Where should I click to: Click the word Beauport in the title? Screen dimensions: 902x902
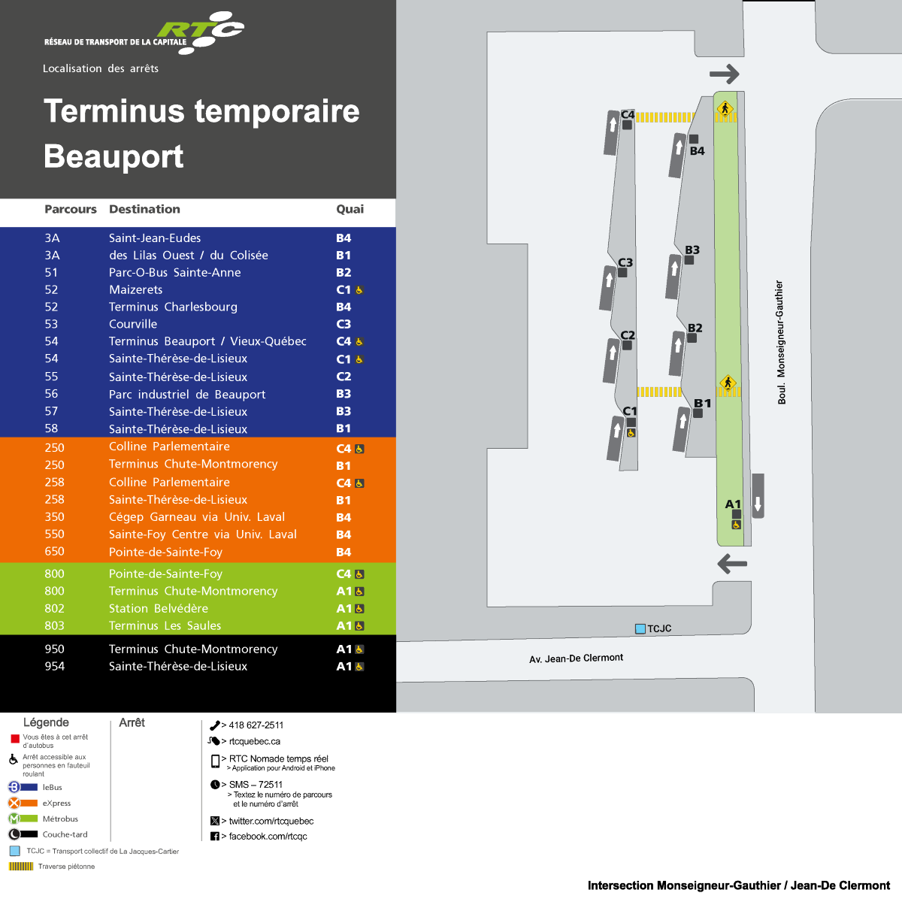click(114, 156)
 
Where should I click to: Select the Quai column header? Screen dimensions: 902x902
click(350, 209)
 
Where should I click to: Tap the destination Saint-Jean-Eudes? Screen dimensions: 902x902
click(155, 238)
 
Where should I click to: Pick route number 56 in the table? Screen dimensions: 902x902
click(51, 394)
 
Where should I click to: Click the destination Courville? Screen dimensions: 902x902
click(133, 324)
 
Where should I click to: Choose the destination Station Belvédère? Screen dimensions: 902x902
click(159, 608)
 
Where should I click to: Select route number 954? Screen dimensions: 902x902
click(54, 666)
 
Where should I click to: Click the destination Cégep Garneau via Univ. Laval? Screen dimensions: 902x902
click(197, 517)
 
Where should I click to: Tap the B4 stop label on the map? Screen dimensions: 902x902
click(698, 150)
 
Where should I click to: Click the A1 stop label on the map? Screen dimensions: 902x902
click(733, 504)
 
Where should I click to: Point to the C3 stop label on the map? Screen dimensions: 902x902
click(625, 262)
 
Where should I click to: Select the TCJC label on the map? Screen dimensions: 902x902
click(659, 628)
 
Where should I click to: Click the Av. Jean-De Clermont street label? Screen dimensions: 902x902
click(577, 658)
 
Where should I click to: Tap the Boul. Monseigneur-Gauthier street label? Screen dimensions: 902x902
click(781, 342)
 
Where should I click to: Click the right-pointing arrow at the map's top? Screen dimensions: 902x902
click(725, 74)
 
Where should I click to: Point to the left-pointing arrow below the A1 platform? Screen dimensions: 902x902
click(732, 563)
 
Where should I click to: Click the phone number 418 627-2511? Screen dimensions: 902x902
click(256, 725)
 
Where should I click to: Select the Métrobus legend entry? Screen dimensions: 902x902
click(60, 819)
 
